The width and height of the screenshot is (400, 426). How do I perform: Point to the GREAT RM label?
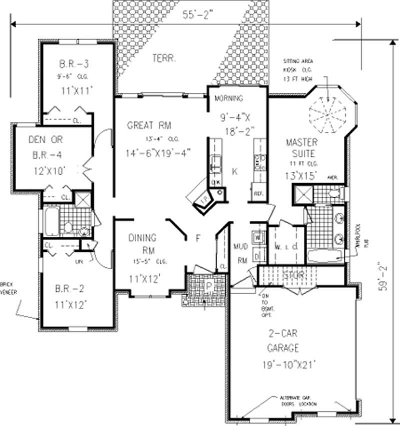pos(149,125)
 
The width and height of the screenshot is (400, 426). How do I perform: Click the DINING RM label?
pos(141,244)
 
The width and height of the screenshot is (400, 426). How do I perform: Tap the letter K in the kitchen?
pos(234,171)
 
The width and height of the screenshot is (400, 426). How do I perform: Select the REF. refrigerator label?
pos(259,193)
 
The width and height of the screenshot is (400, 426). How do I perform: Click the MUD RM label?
pos(241,253)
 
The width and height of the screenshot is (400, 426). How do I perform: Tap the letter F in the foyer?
pos(198,239)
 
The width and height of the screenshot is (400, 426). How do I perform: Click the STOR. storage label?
pos(294,275)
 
